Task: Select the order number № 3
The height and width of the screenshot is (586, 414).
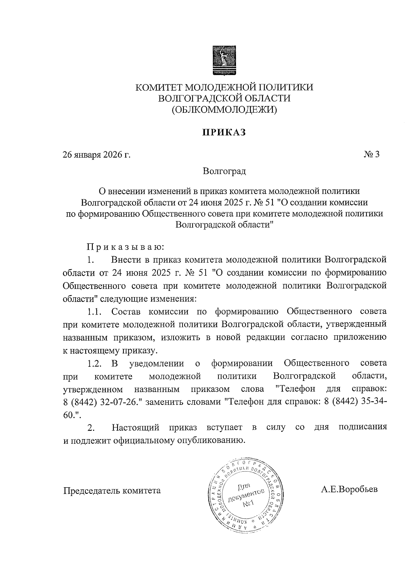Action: (371, 154)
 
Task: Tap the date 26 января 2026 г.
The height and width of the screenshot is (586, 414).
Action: (97, 155)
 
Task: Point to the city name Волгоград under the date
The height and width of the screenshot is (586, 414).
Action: (224, 171)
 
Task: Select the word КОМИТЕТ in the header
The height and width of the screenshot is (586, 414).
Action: (159, 87)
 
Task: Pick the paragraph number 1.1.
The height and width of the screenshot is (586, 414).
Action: (94, 312)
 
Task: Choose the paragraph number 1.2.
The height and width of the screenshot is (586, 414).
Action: (94, 363)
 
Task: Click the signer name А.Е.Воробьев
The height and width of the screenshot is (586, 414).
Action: (349, 489)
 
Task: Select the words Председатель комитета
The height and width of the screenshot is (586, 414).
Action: (112, 490)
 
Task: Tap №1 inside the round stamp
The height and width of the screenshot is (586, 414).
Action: (248, 505)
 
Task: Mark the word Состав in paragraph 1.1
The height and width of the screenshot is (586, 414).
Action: (126, 312)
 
